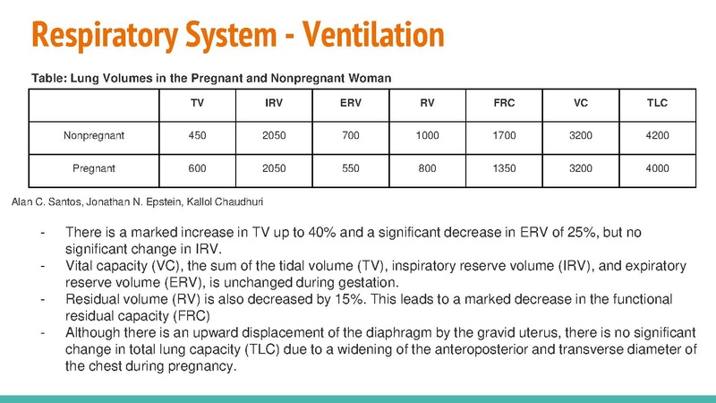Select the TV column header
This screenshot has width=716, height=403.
[x=197, y=104]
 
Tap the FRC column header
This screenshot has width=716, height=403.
[x=504, y=104]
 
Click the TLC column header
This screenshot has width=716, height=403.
[x=657, y=104]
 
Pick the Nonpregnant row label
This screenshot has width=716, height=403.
[x=93, y=136]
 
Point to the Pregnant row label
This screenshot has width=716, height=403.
[x=93, y=167]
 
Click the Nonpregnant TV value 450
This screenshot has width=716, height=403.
[x=197, y=136]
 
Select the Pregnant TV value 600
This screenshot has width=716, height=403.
[x=197, y=167]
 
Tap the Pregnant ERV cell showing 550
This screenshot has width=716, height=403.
[x=351, y=167]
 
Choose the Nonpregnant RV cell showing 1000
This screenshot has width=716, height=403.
[x=428, y=136]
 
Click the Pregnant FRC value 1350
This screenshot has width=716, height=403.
[x=504, y=167]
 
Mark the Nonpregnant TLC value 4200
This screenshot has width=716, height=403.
[x=657, y=136]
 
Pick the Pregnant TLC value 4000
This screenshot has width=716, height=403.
[x=657, y=167]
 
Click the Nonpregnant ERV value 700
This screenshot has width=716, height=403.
[x=351, y=136]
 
